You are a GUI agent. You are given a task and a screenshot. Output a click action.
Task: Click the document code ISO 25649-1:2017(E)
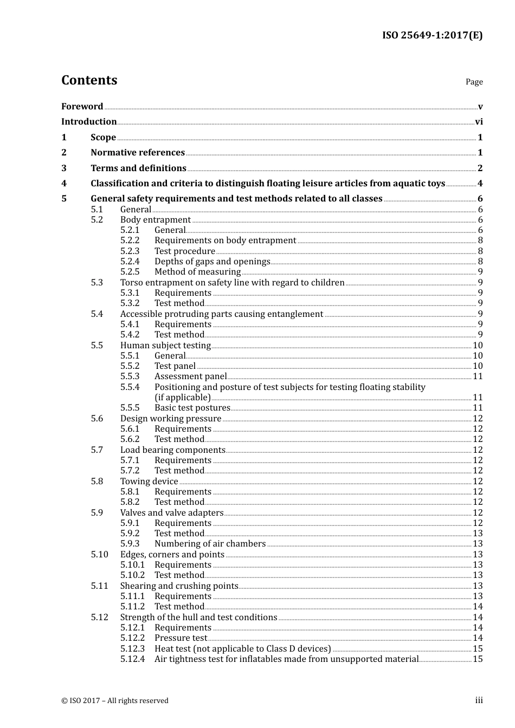(x=432, y=36)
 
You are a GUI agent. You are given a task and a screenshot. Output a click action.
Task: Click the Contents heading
(x=89, y=80)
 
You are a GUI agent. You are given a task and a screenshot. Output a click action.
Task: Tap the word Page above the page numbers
(x=474, y=82)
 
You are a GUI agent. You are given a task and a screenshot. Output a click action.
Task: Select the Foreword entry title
(x=82, y=106)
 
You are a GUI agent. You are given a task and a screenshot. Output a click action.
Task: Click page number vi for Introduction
(x=479, y=122)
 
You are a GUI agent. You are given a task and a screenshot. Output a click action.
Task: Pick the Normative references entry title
(x=138, y=153)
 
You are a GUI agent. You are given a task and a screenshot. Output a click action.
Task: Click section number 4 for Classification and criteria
(x=64, y=184)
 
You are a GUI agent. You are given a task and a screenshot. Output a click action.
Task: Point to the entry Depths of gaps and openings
(x=212, y=262)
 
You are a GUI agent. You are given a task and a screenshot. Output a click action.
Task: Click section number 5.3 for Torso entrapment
(x=96, y=283)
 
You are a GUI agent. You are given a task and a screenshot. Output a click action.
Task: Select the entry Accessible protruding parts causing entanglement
(x=221, y=314)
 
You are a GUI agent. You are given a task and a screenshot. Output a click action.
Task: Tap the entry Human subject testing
(x=165, y=346)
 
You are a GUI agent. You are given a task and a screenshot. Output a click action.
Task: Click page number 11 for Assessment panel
(x=478, y=376)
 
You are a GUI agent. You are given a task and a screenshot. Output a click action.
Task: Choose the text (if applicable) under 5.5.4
(x=183, y=398)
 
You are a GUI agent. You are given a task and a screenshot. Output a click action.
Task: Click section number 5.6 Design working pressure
(x=96, y=419)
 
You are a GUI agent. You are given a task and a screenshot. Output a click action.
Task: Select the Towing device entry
(x=149, y=482)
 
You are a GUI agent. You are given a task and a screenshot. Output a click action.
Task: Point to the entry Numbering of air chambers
(x=210, y=544)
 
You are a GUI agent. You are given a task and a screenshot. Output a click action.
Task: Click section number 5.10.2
(x=132, y=575)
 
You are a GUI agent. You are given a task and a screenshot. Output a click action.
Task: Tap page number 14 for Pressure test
(x=478, y=638)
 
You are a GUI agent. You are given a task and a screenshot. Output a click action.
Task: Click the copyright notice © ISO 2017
(x=114, y=701)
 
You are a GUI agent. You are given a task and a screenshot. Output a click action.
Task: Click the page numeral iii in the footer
(x=479, y=700)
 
